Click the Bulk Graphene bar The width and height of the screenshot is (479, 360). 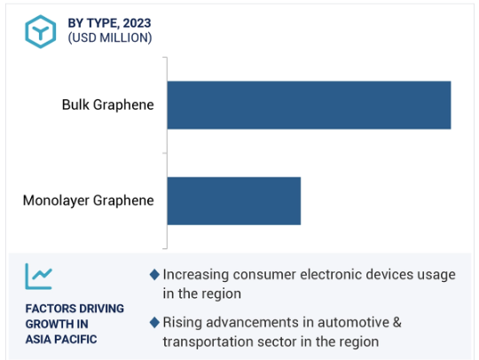coord(309,105)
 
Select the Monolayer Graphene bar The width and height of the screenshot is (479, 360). coord(234,201)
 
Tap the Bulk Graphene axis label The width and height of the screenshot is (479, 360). coord(108,105)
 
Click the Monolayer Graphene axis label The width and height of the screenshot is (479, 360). coord(89,201)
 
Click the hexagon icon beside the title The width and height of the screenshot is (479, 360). coord(40,31)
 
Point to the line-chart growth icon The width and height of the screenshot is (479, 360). coord(38,277)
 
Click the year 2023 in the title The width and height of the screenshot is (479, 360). coord(137,23)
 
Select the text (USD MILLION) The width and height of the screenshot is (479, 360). coord(110,37)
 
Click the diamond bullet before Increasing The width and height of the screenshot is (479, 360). coord(154,275)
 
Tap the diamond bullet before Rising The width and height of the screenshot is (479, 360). coord(154,323)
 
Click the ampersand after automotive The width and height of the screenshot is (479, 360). coord(397,323)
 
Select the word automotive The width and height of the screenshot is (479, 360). coord(353,323)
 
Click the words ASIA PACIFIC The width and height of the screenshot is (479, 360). coord(61,340)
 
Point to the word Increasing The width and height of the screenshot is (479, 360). coord(196,275)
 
